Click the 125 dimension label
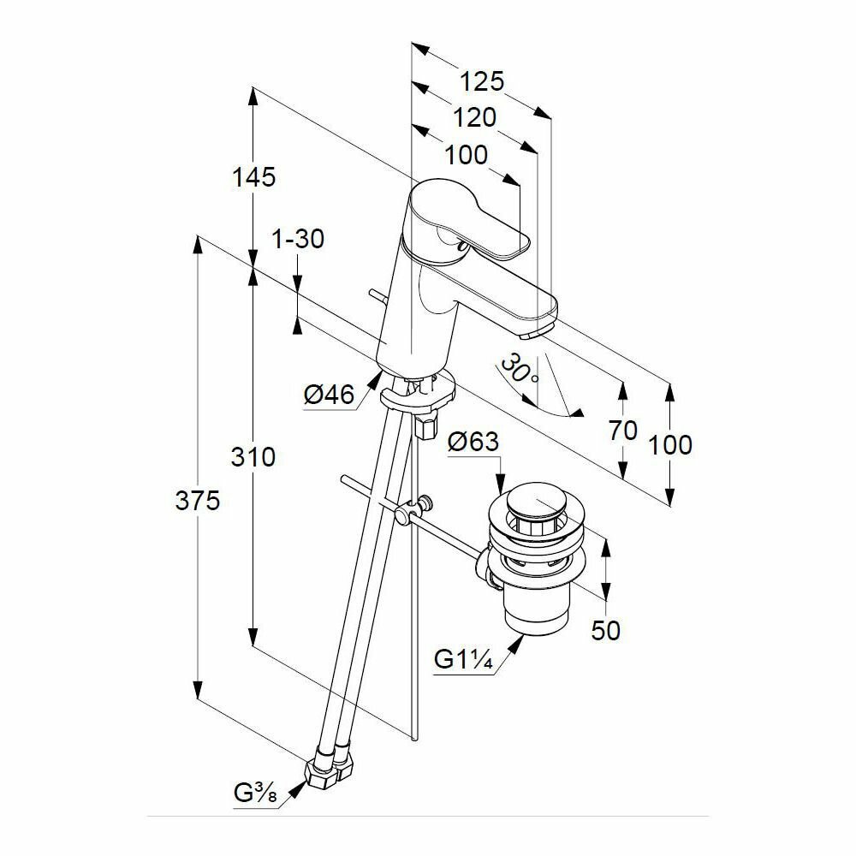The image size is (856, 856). (x=483, y=81)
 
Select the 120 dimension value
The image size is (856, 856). (x=474, y=117)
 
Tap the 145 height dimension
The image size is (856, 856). (x=254, y=177)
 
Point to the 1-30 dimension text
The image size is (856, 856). (x=298, y=240)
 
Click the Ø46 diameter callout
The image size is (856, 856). (x=330, y=395)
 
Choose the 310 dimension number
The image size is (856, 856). (x=253, y=457)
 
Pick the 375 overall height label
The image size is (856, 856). (x=198, y=501)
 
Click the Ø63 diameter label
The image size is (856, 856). (x=473, y=443)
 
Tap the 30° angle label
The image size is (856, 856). (x=519, y=370)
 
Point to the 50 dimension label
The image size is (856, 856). (x=606, y=631)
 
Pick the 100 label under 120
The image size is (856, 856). (x=467, y=155)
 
